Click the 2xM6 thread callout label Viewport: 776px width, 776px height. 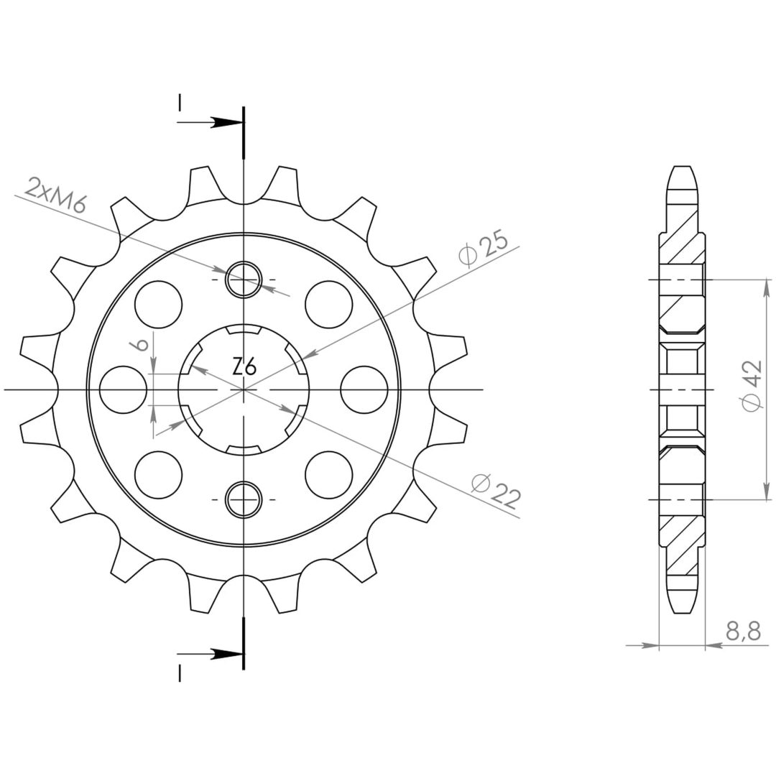[x=56, y=194]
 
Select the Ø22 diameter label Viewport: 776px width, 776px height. [x=495, y=491]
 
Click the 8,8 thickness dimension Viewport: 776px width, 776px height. [x=743, y=632]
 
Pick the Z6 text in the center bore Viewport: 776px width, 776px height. [x=244, y=368]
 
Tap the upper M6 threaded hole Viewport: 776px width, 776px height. [x=244, y=280]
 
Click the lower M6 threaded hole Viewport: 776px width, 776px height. [x=244, y=499]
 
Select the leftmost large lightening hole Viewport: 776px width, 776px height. [x=124, y=389]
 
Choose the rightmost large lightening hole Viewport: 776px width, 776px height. [x=364, y=389]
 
